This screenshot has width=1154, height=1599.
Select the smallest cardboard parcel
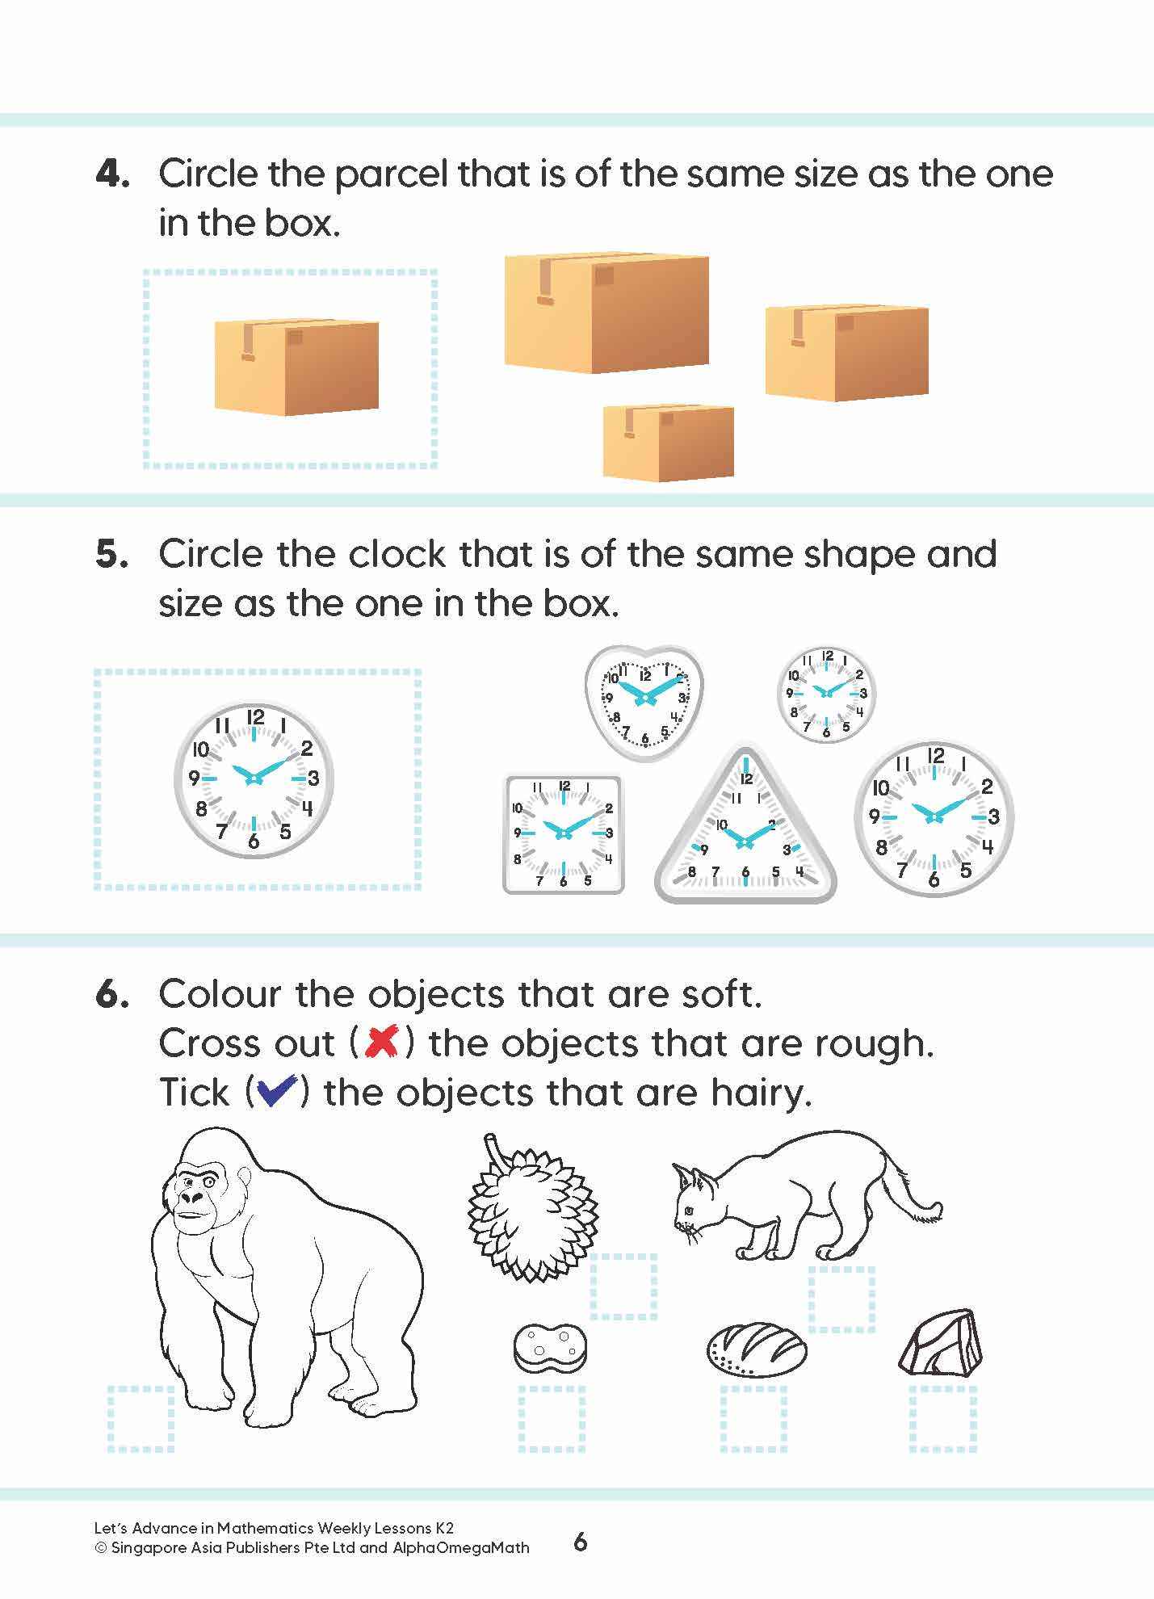[668, 442]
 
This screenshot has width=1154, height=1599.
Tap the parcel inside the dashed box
[296, 367]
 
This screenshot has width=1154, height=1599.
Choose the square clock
[563, 833]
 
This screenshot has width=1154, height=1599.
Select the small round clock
[826, 695]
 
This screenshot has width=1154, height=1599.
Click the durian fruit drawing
[533, 1213]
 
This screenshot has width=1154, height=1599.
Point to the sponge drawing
[550, 1346]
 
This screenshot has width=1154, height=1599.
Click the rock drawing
[941, 1343]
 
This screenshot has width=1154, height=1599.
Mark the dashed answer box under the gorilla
[141, 1419]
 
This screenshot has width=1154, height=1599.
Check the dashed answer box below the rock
[943, 1419]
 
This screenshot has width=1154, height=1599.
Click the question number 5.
[111, 555]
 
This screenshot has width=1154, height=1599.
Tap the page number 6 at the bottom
[580, 1542]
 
